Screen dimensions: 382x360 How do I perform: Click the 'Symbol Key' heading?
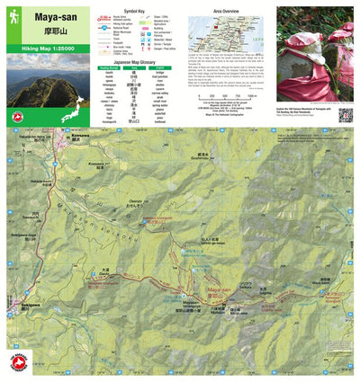point(135,12)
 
